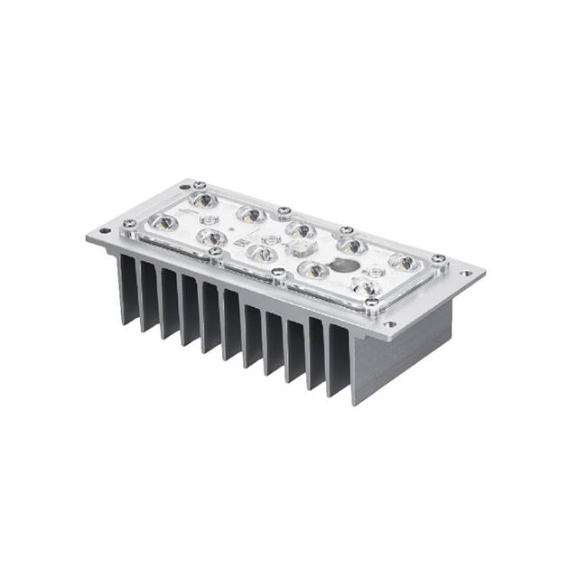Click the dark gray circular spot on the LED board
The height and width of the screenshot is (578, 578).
click(342, 265)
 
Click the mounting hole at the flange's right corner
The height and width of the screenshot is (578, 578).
click(466, 273)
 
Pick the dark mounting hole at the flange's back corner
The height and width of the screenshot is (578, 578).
click(184, 186)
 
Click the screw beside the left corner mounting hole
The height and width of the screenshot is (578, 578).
click(130, 223)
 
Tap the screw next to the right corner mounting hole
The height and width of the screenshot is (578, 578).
click(438, 259)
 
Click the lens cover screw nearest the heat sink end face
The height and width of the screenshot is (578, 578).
click(371, 303)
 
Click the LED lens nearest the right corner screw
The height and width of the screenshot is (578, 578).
click(403, 263)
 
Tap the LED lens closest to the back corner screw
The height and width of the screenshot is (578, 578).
click(204, 200)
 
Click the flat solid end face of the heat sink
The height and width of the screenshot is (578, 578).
click(402, 352)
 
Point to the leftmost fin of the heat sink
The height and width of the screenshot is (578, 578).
click(127, 289)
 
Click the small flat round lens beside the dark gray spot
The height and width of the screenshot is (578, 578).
click(374, 271)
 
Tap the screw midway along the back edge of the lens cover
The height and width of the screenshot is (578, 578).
click(284, 211)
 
